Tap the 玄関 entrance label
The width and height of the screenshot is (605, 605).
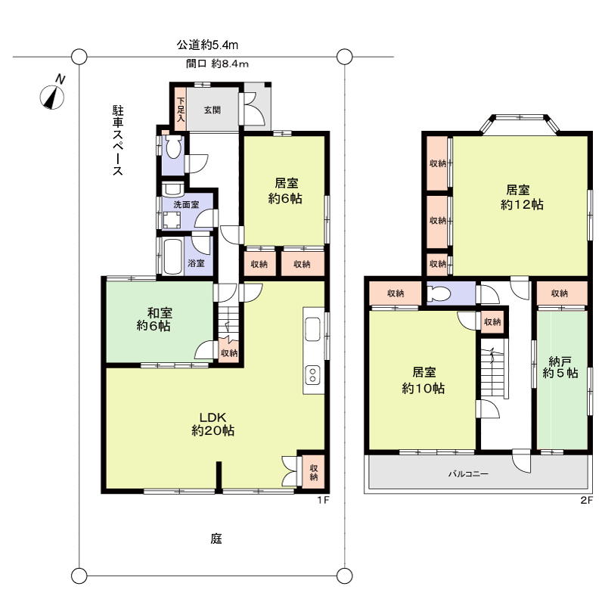point(213,110)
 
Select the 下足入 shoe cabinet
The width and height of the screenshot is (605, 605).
point(181,109)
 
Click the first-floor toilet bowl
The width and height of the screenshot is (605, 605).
point(173,147)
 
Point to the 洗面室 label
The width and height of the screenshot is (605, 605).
point(186,204)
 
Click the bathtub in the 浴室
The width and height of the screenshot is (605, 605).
point(172,256)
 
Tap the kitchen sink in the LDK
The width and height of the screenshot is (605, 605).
point(312,329)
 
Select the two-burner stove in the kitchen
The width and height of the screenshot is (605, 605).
point(312,374)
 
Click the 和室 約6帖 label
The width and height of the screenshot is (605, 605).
point(154,319)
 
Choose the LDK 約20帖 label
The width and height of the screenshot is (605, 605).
point(213,423)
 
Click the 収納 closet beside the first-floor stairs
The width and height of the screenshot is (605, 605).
point(229,351)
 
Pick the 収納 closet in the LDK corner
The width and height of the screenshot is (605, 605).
point(314,472)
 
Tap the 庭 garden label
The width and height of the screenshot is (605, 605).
point(216,538)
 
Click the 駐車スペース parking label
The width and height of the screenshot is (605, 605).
point(118,140)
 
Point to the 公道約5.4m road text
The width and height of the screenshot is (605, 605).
point(207,45)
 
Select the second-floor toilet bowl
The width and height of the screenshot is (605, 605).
point(439,295)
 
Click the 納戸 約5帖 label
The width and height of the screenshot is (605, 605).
point(560,367)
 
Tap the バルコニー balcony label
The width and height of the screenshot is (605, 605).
point(468,473)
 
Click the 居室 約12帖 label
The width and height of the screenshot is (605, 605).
point(522,197)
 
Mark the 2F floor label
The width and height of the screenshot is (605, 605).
point(586,501)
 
